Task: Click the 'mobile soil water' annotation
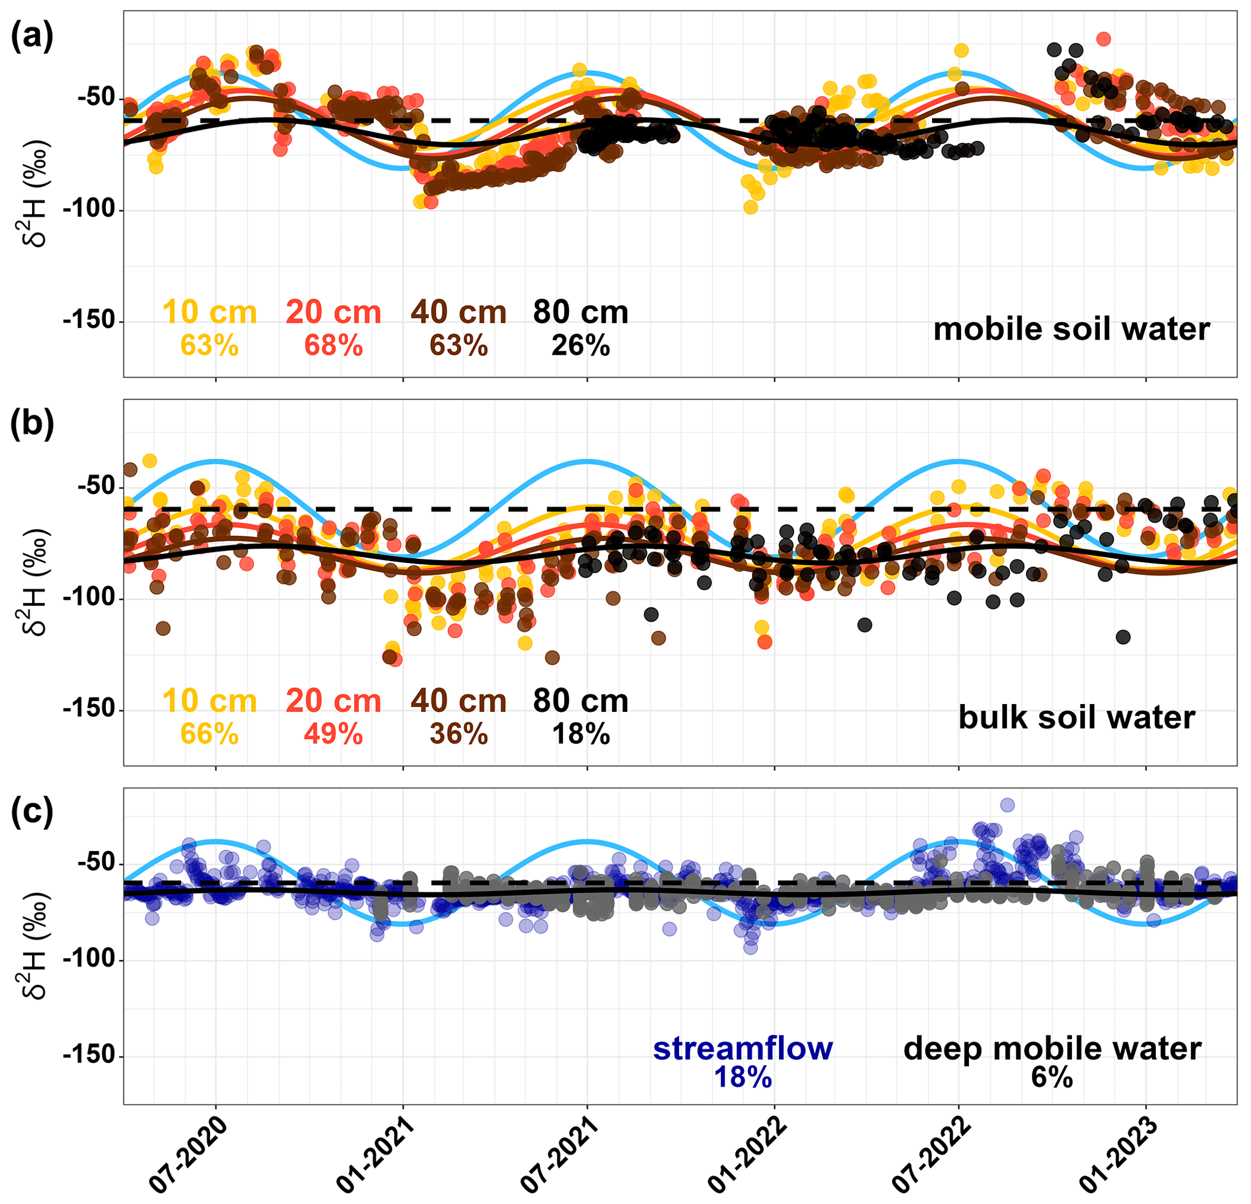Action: pyautogui.click(x=1072, y=329)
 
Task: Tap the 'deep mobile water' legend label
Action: pyautogui.click(x=1052, y=1048)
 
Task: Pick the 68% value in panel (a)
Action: pyautogui.click(x=333, y=346)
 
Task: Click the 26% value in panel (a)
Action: pyautogui.click(x=581, y=346)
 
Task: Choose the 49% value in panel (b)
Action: pyautogui.click(x=333, y=734)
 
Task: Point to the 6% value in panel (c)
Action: pyautogui.click(x=1052, y=1077)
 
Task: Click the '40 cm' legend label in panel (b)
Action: pyautogui.click(x=458, y=701)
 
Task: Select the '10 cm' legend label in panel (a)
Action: pyautogui.click(x=209, y=312)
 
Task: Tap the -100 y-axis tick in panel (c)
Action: pyautogui.click(x=93, y=960)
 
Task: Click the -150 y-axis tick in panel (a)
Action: pyautogui.click(x=93, y=321)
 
